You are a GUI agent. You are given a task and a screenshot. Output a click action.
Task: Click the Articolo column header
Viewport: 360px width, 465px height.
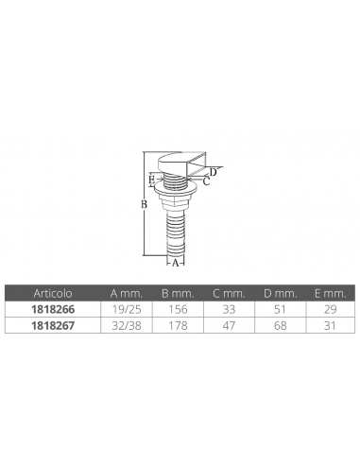tap(53, 293)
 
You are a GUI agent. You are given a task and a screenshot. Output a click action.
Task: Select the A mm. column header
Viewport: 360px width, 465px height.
tap(127, 293)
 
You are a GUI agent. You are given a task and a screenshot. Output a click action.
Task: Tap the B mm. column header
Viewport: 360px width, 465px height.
tap(178, 293)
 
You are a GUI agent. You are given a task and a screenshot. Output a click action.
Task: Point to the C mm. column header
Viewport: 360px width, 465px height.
tap(229, 293)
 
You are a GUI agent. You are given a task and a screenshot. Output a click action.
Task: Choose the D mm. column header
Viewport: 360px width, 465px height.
tap(280, 293)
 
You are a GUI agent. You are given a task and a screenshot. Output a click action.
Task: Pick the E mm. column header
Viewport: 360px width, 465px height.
tap(330, 293)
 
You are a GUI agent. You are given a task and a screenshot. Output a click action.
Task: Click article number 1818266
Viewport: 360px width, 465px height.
tap(53, 309)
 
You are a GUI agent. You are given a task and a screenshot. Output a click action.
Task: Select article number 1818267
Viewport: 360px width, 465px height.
tap(53, 325)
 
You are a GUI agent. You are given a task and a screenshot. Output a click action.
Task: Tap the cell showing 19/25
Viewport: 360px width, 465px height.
tap(127, 309)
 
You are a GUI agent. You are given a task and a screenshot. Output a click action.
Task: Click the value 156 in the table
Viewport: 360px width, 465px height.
tap(178, 309)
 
